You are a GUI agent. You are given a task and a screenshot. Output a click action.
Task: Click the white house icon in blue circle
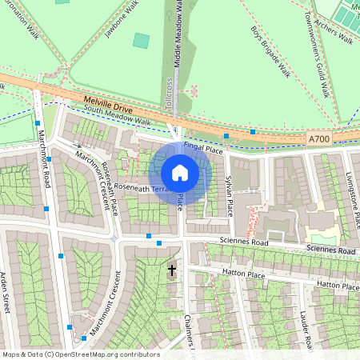point(180,172)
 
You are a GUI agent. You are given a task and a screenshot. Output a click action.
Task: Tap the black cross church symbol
point(171,271)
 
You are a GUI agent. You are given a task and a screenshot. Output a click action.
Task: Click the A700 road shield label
point(318,139)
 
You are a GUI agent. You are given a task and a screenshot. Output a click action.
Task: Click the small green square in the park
point(141,40)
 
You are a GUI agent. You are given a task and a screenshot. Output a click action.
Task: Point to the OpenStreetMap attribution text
point(81,354)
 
